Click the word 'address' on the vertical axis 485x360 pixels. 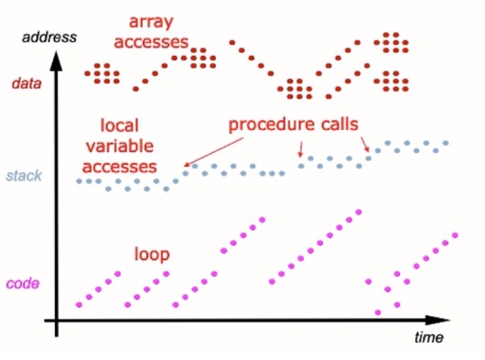[49, 38]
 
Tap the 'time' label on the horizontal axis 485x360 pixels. [429, 337]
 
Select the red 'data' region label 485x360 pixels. [27, 83]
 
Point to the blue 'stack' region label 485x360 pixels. [24, 176]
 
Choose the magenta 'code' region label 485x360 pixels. [23, 284]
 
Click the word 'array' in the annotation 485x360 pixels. [151, 23]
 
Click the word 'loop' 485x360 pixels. [152, 254]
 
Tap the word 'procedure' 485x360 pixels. [270, 125]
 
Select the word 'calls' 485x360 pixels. [339, 124]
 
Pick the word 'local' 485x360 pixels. [119, 125]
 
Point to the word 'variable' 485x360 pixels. [120, 146]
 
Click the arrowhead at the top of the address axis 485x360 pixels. [57, 60]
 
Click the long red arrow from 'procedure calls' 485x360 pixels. [214, 152]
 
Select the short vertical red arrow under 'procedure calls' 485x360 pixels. [300, 149]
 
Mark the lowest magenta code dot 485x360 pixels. [378, 312]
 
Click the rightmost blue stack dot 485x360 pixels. [446, 143]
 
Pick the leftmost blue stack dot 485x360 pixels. [80, 181]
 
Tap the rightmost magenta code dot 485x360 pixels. [455, 235]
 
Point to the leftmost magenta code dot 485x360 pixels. [80, 305]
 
